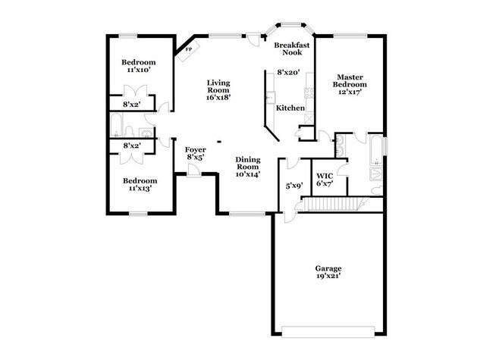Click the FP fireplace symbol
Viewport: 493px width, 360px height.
pyautogui.click(x=188, y=50)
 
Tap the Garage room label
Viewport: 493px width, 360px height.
pyautogui.click(x=328, y=268)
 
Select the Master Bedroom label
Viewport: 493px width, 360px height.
pyautogui.click(x=350, y=81)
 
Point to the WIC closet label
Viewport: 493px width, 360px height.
pyautogui.click(x=325, y=176)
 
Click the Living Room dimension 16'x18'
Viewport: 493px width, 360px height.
pyautogui.click(x=218, y=97)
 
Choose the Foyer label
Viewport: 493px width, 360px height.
pyautogui.click(x=195, y=150)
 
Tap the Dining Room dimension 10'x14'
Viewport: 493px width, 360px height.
pyautogui.click(x=248, y=174)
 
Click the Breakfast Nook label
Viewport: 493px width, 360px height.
pyautogui.click(x=292, y=49)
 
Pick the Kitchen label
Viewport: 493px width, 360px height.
pyautogui.click(x=290, y=108)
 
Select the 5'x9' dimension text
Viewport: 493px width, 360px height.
pyautogui.click(x=294, y=186)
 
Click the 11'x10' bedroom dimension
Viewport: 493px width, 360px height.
pyautogui.click(x=139, y=70)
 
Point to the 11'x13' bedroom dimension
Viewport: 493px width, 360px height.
pyautogui.click(x=140, y=189)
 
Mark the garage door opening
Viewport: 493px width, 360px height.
pyautogui.click(x=328, y=332)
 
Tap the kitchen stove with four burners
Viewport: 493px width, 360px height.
pyautogui.click(x=309, y=93)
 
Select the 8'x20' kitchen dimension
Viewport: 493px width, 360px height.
pyautogui.click(x=288, y=73)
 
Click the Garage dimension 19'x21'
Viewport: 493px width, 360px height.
pyautogui.click(x=328, y=276)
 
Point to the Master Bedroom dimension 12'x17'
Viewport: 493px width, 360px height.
pyautogui.click(x=350, y=92)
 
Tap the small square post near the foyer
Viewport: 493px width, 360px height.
pyautogui.click(x=219, y=142)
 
